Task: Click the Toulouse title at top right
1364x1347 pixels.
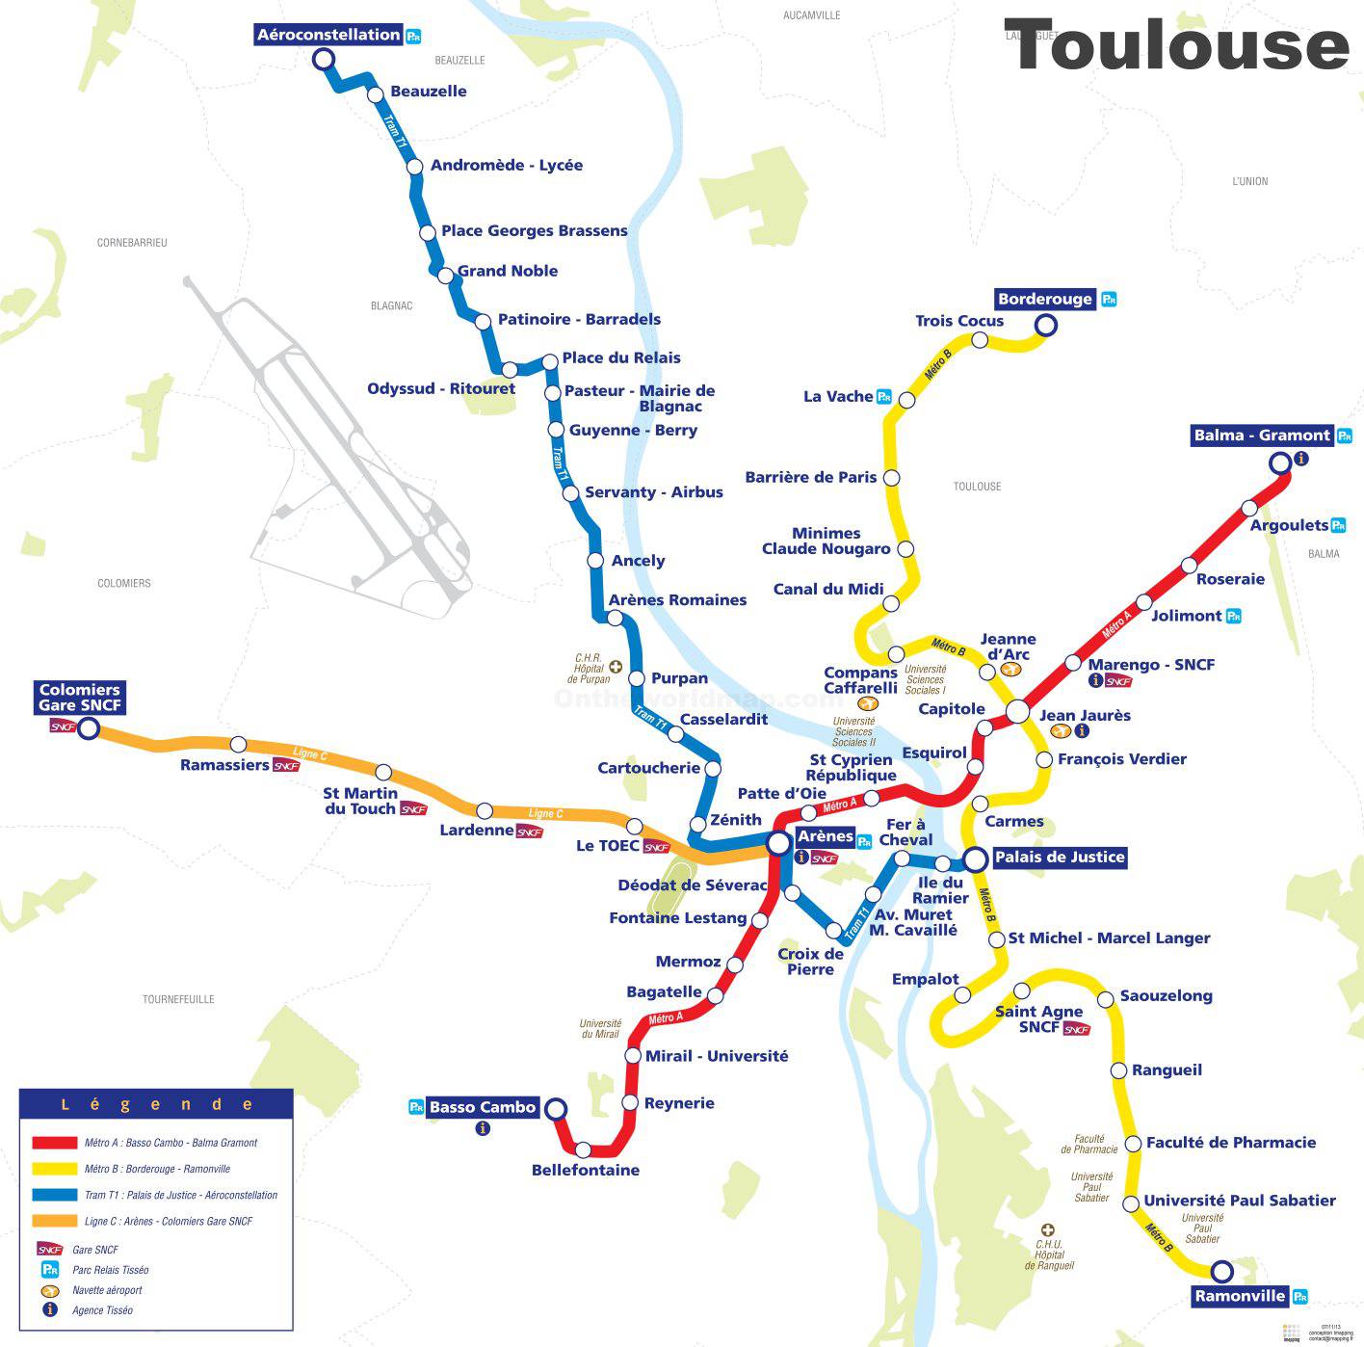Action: [1176, 46]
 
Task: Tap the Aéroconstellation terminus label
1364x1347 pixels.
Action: [328, 35]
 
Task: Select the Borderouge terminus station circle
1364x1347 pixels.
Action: [1045, 326]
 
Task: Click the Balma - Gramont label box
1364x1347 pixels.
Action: [1261, 436]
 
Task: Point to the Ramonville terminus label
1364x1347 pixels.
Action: [1240, 1296]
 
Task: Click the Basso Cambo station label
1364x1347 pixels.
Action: [482, 1107]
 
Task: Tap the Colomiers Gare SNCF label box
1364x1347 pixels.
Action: [80, 697]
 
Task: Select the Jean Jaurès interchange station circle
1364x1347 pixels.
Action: [1018, 712]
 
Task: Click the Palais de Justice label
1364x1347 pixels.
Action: [1059, 858]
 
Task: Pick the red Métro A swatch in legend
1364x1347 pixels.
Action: [55, 1143]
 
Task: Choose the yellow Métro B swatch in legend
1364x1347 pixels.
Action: [55, 1169]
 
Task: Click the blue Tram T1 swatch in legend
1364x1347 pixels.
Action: [55, 1195]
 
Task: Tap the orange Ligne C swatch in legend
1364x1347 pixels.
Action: [55, 1221]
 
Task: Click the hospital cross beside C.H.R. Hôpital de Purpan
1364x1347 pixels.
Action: [615, 667]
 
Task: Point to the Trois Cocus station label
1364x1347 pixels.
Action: [959, 321]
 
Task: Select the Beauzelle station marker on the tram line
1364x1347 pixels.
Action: [375, 94]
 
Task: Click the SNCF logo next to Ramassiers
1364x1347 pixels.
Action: [286, 765]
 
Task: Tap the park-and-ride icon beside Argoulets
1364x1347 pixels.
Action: [1338, 525]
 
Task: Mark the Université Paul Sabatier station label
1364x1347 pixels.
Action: [1239, 1201]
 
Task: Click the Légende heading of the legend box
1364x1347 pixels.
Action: [156, 1104]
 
